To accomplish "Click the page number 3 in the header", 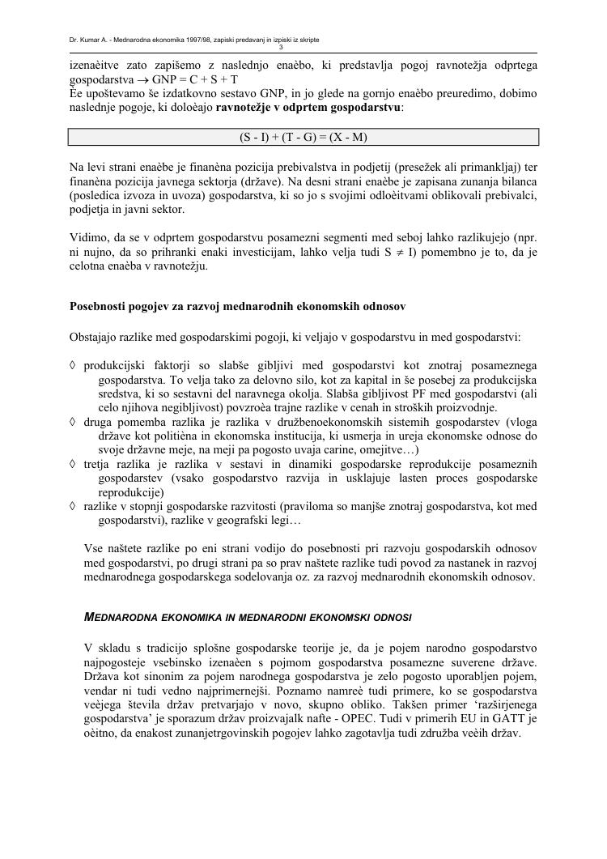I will pos(303,47).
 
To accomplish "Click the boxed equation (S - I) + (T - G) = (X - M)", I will pos(303,137).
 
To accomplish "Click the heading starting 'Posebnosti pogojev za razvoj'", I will pos(238,307).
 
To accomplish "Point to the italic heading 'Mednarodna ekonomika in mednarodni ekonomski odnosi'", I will pos(248,617).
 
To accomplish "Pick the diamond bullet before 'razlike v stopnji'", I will pos(74,506).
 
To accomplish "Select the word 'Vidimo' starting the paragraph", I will pos(87,238).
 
